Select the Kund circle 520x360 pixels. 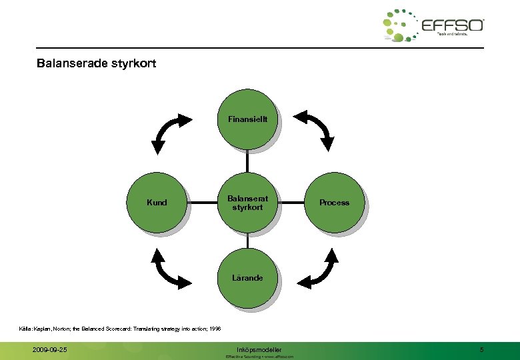157,203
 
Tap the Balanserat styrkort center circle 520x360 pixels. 247,203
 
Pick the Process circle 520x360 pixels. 333,203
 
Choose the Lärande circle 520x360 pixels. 247,278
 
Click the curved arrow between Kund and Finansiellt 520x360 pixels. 172,130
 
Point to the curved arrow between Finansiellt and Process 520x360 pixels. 316,128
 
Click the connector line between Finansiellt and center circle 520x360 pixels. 247,161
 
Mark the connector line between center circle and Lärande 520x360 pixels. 247,240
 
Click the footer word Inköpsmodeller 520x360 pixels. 259,349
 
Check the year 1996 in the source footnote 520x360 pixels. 214,328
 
